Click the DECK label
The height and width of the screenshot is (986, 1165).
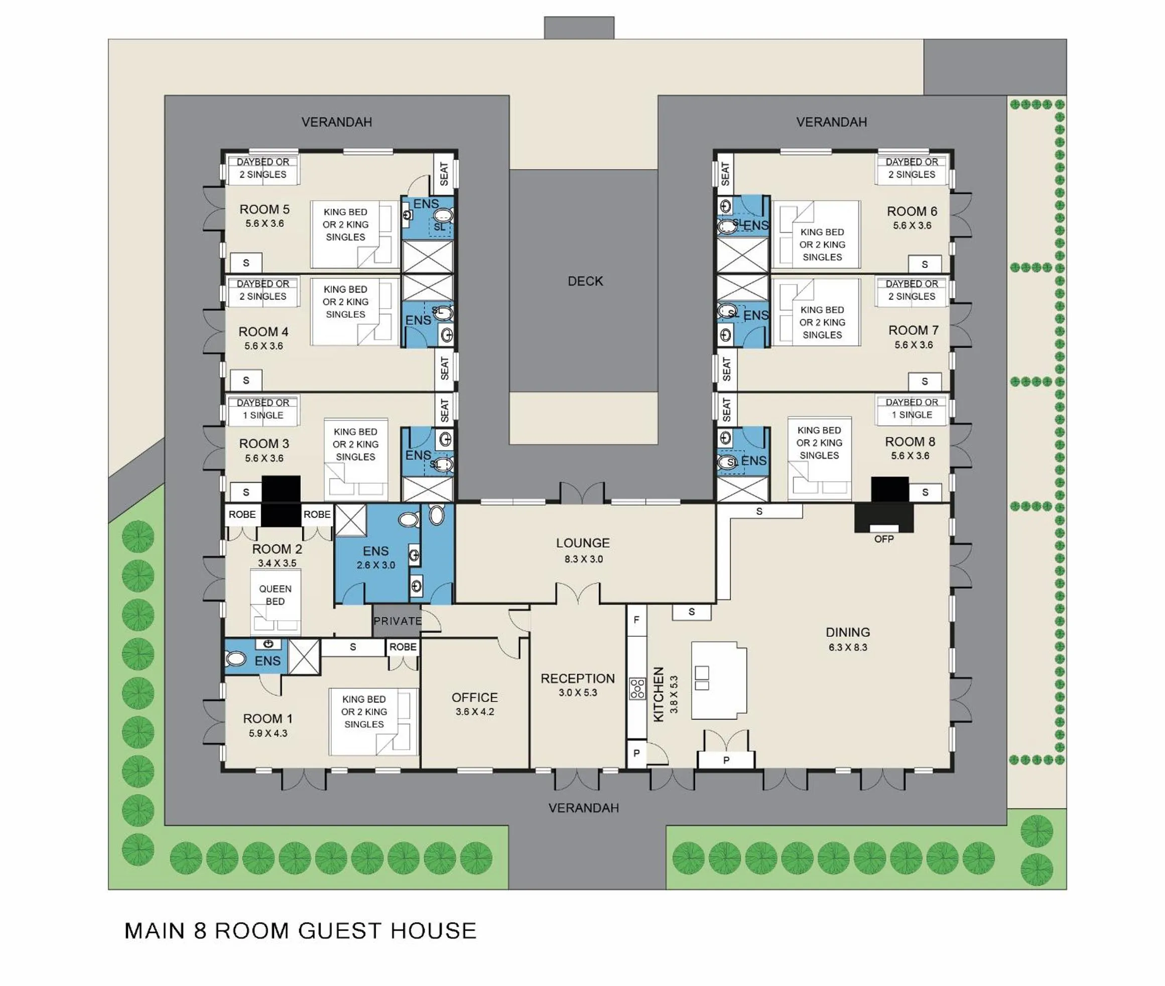click(585, 281)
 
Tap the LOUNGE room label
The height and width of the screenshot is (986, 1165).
click(582, 543)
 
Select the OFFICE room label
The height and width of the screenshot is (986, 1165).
click(474, 697)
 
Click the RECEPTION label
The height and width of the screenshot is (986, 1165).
click(577, 678)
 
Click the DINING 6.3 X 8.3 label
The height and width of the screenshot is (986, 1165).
click(847, 639)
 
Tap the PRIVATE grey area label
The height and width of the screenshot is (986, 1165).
click(398, 621)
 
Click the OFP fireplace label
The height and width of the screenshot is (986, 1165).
click(883, 539)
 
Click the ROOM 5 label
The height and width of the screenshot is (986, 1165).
click(265, 210)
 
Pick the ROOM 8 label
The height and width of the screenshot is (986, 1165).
click(910, 442)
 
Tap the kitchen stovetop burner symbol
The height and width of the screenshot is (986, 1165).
click(637, 688)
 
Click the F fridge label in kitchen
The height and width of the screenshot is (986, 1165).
click(636, 620)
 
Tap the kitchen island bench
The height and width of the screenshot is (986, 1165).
click(718, 680)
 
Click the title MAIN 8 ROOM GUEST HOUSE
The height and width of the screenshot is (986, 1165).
click(300, 931)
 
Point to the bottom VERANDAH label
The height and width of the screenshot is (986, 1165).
click(583, 808)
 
